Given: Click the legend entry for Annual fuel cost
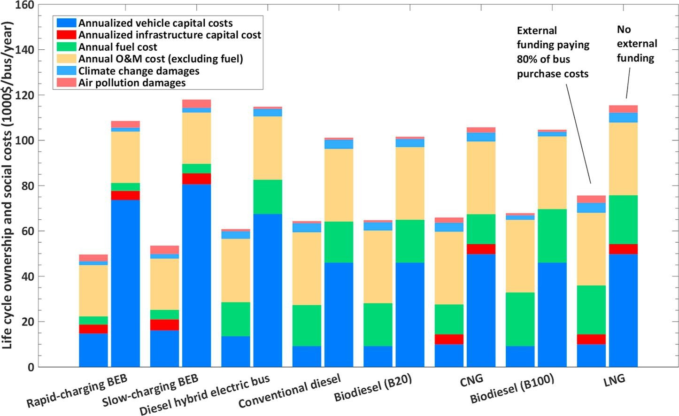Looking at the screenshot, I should point(117,47).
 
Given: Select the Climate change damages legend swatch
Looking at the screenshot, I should point(66,71).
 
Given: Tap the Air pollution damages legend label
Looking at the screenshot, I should point(132,83).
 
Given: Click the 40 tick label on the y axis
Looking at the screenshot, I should point(28,276).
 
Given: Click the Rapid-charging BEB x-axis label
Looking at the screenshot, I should point(77,391).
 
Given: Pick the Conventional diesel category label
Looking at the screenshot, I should point(290,391).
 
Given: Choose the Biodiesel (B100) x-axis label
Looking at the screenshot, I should point(512,389).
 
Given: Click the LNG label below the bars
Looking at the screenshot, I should point(615,379).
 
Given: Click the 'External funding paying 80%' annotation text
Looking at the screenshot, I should point(553,52).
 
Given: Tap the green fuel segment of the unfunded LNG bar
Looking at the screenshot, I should point(623,219).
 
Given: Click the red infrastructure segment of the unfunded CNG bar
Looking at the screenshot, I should point(481,249).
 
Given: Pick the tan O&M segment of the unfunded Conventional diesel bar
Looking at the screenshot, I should point(339,185).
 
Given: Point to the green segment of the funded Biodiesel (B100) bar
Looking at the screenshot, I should point(520,319).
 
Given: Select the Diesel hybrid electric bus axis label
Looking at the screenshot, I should point(205,396).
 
